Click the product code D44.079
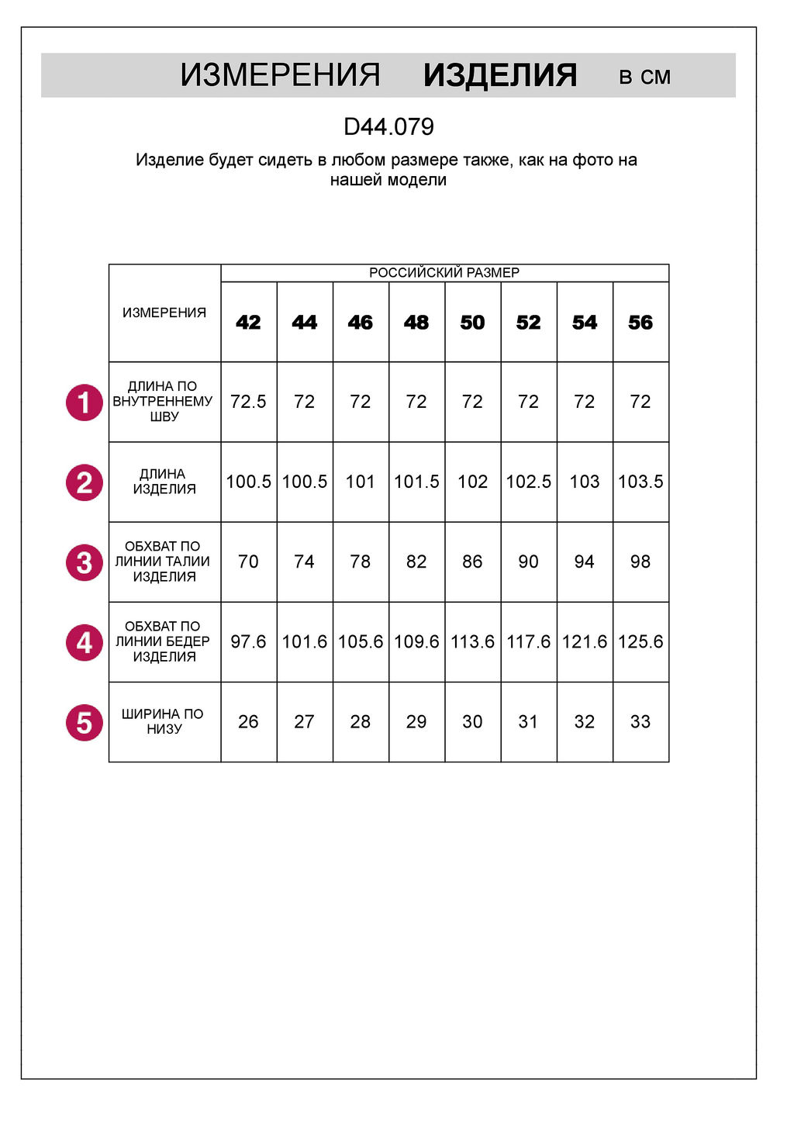[388, 126]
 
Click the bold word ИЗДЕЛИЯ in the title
[500, 76]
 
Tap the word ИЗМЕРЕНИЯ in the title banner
[280, 76]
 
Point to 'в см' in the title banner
[644, 77]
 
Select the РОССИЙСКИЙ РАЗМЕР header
[444, 273]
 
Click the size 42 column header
[248, 323]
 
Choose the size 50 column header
[472, 323]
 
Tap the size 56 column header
[640, 323]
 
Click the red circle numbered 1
[85, 403]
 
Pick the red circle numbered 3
[85, 562]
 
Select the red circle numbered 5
[85, 722]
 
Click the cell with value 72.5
[248, 402]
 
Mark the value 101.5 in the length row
[416, 482]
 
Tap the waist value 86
[472, 561]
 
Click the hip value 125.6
[640, 641]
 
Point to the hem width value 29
[416, 721]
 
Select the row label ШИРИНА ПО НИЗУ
[164, 721]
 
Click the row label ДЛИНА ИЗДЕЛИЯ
[164, 482]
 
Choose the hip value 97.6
[248, 641]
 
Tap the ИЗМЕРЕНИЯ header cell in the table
[164, 313]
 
